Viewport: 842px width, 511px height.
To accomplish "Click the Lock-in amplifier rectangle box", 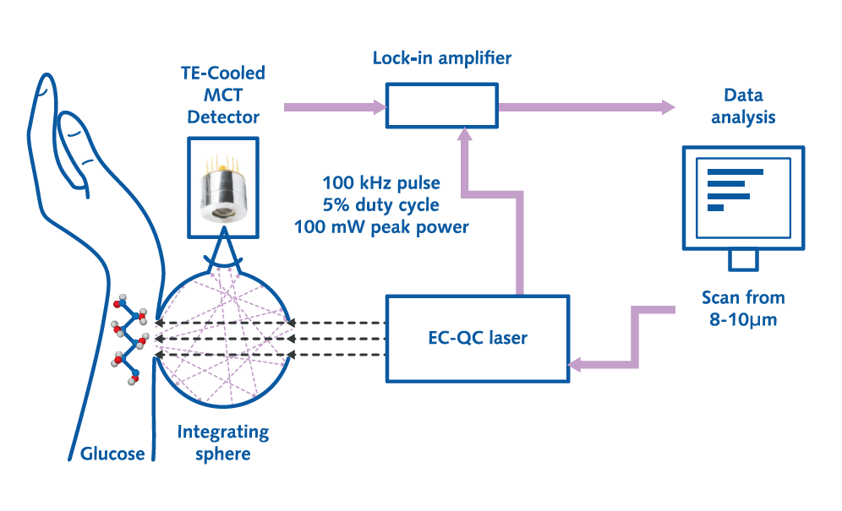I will [x=442, y=106].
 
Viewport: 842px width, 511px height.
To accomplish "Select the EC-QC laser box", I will [x=478, y=338].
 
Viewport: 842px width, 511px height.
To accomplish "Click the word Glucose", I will [x=112, y=454].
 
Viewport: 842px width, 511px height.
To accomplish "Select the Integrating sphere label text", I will [x=223, y=443].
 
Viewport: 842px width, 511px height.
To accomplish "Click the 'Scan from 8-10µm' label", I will [x=743, y=308].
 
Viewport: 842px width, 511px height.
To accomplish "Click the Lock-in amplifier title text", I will [x=442, y=58].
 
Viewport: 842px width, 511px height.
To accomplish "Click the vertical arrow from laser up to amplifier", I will [x=464, y=211].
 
